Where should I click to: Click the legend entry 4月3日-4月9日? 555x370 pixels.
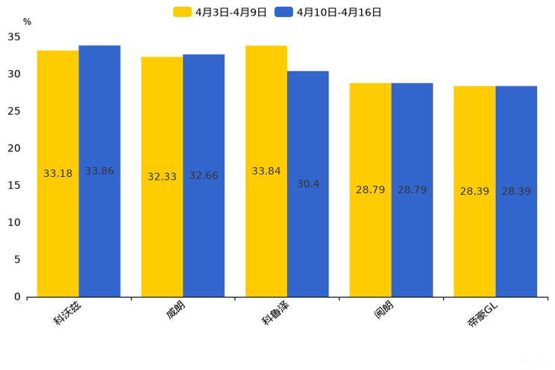(x=220, y=12)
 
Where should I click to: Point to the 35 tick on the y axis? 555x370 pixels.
(x=14, y=37)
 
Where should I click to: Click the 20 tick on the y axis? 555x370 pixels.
(x=14, y=148)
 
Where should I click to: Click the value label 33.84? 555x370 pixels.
(x=266, y=172)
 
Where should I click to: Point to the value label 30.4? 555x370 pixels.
(x=308, y=184)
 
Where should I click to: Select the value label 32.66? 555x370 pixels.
(x=204, y=176)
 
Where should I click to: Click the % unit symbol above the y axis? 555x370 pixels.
(x=27, y=22)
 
